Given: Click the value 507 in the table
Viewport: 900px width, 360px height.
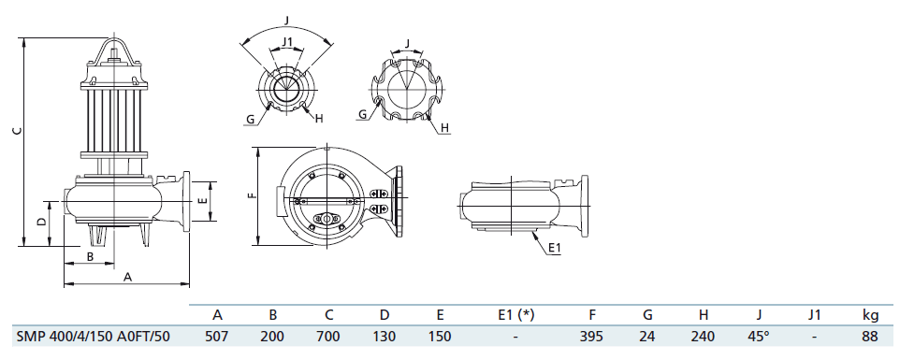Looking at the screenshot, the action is click(x=216, y=336).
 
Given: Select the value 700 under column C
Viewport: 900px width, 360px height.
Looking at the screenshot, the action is click(x=328, y=336).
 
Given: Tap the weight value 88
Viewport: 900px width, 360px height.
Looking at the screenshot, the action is click(x=870, y=336).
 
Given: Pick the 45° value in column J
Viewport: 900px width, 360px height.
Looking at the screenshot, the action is click(x=758, y=336).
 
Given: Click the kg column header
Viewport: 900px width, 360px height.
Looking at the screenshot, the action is click(x=870, y=315).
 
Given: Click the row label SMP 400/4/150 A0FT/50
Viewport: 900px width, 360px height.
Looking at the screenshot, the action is click(x=93, y=336).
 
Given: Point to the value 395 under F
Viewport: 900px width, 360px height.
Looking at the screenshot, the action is click(x=591, y=336).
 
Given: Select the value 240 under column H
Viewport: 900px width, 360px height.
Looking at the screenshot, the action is click(x=704, y=336).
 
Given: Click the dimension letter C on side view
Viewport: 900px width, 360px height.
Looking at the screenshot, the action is click(x=18, y=131).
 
